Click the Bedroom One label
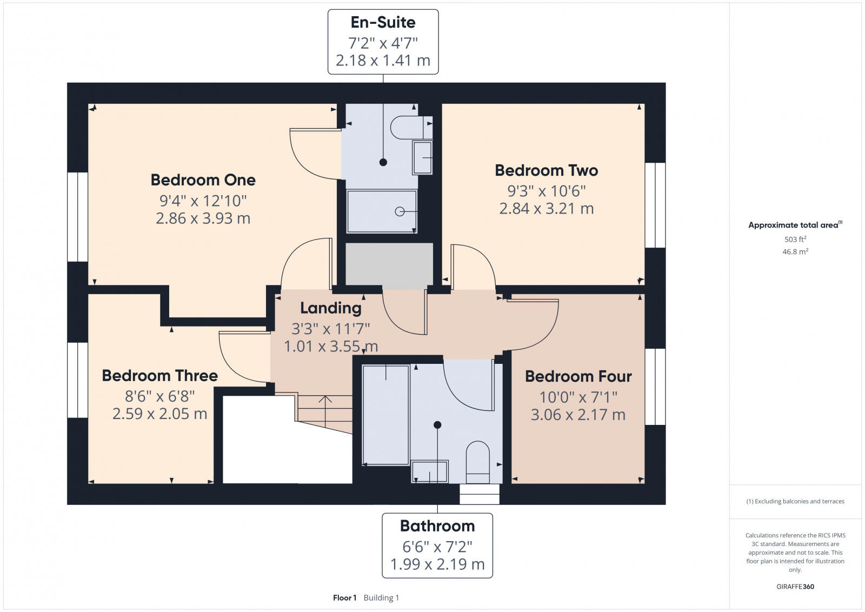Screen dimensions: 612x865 pyautogui.click(x=203, y=179)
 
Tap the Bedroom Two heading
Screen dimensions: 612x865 pyautogui.click(x=546, y=170)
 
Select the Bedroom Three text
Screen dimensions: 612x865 pyautogui.click(x=159, y=375)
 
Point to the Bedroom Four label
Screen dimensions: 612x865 pyautogui.click(x=578, y=376)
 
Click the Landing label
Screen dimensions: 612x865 pyautogui.click(x=330, y=308)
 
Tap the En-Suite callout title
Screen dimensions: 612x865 pyautogui.click(x=383, y=23)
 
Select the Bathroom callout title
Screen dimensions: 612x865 pyautogui.click(x=437, y=525)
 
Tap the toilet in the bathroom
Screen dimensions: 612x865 pyautogui.click(x=477, y=461)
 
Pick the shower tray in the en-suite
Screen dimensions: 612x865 pyautogui.click(x=382, y=211)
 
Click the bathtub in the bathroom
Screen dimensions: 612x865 pyautogui.click(x=385, y=414)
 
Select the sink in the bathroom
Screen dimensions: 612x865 pyautogui.click(x=430, y=471)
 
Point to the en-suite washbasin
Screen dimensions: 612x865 pyautogui.click(x=423, y=157)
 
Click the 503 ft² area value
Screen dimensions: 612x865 pyautogui.click(x=795, y=239)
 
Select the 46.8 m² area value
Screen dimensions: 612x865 pyautogui.click(x=795, y=251)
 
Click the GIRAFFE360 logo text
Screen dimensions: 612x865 pyautogui.click(x=795, y=587)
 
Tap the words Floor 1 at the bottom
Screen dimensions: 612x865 pyautogui.click(x=344, y=597)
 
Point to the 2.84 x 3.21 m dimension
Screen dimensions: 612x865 pyautogui.click(x=546, y=209)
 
